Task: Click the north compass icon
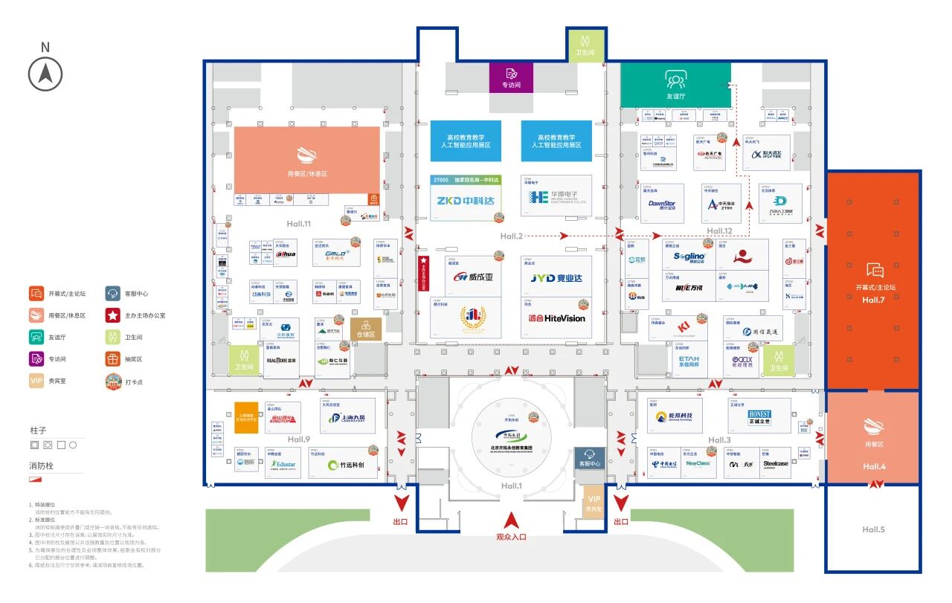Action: click(45, 74)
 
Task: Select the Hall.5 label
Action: click(873, 529)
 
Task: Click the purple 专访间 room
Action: click(511, 77)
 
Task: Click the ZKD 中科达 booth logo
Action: click(466, 199)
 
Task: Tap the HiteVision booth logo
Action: click(557, 317)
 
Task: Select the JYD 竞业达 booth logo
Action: click(557, 278)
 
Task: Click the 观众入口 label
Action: click(511, 536)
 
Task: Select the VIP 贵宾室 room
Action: click(594, 503)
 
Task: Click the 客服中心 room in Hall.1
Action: click(589, 457)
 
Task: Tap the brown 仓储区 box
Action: click(366, 329)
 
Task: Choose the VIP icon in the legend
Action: click(36, 380)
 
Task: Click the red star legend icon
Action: click(112, 315)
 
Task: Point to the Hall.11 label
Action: click(298, 224)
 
